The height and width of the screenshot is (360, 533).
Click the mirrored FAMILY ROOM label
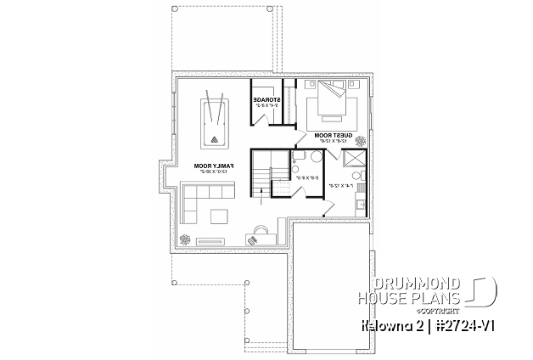tap(208, 166)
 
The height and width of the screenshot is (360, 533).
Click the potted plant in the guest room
tap(362, 141)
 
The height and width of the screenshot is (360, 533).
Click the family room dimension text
tap(208, 172)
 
